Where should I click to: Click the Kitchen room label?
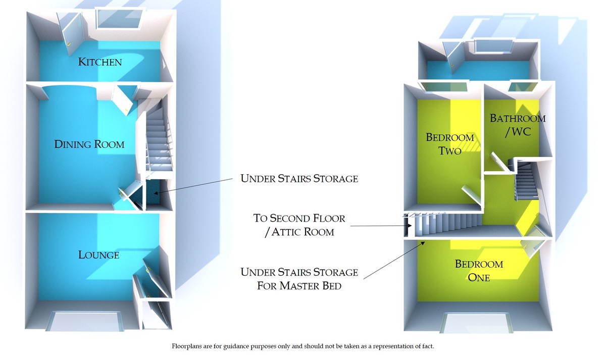[100, 62]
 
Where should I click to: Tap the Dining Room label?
[89, 144]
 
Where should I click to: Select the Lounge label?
[99, 255]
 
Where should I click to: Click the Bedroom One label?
[472, 271]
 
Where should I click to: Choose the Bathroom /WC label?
[518, 125]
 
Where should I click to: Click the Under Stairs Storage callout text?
[299, 178]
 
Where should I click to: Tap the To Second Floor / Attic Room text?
[299, 225]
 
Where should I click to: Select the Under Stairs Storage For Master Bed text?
[299, 279]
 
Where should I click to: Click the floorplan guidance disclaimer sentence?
[302, 346]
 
